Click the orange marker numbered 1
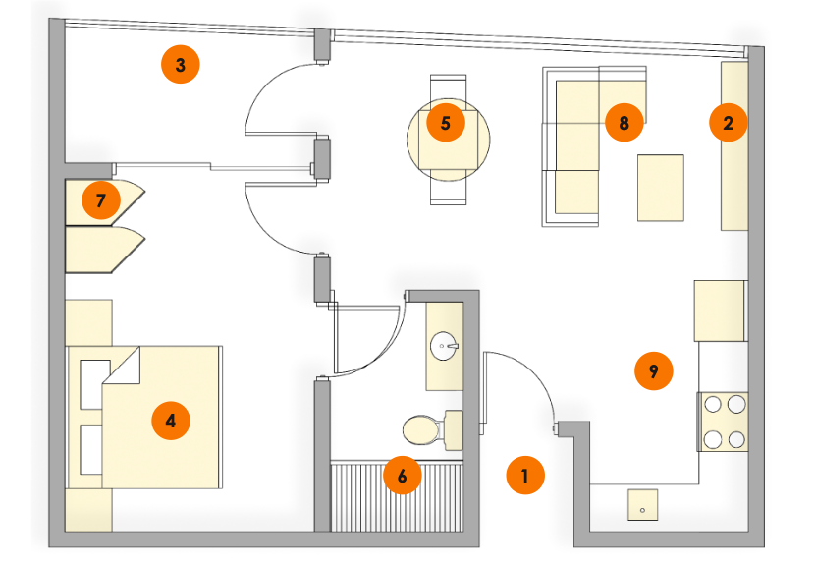click(x=525, y=477)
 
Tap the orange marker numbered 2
click(x=729, y=123)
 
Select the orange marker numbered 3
click(x=180, y=66)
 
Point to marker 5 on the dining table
click(x=446, y=124)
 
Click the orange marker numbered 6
click(x=402, y=475)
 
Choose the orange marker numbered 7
click(x=101, y=200)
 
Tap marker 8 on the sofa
click(x=624, y=123)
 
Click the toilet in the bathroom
click(x=426, y=429)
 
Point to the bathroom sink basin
click(x=446, y=346)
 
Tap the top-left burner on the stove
click(x=712, y=404)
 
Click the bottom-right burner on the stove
click(x=735, y=438)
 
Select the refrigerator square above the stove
click(x=722, y=310)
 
